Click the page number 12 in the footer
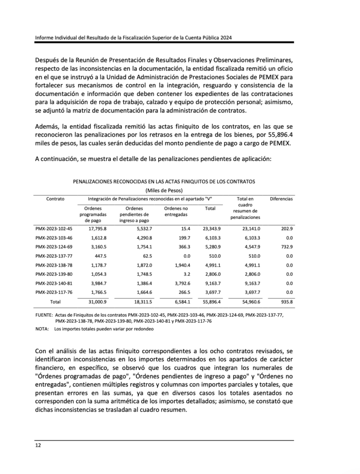[38, 445]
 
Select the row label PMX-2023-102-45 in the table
[54, 229]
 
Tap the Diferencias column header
[281, 199]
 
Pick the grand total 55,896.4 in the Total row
[212, 301]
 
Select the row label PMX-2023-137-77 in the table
[54, 256]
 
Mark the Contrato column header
[55, 199]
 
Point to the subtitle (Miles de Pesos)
[164, 190]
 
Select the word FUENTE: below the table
[44, 315]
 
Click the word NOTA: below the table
[42, 329]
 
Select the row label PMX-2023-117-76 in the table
[54, 292]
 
